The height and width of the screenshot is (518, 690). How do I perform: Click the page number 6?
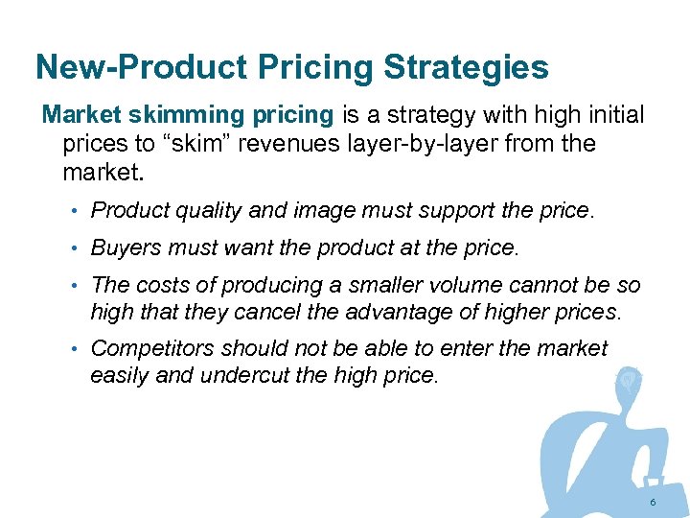pos(653,503)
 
